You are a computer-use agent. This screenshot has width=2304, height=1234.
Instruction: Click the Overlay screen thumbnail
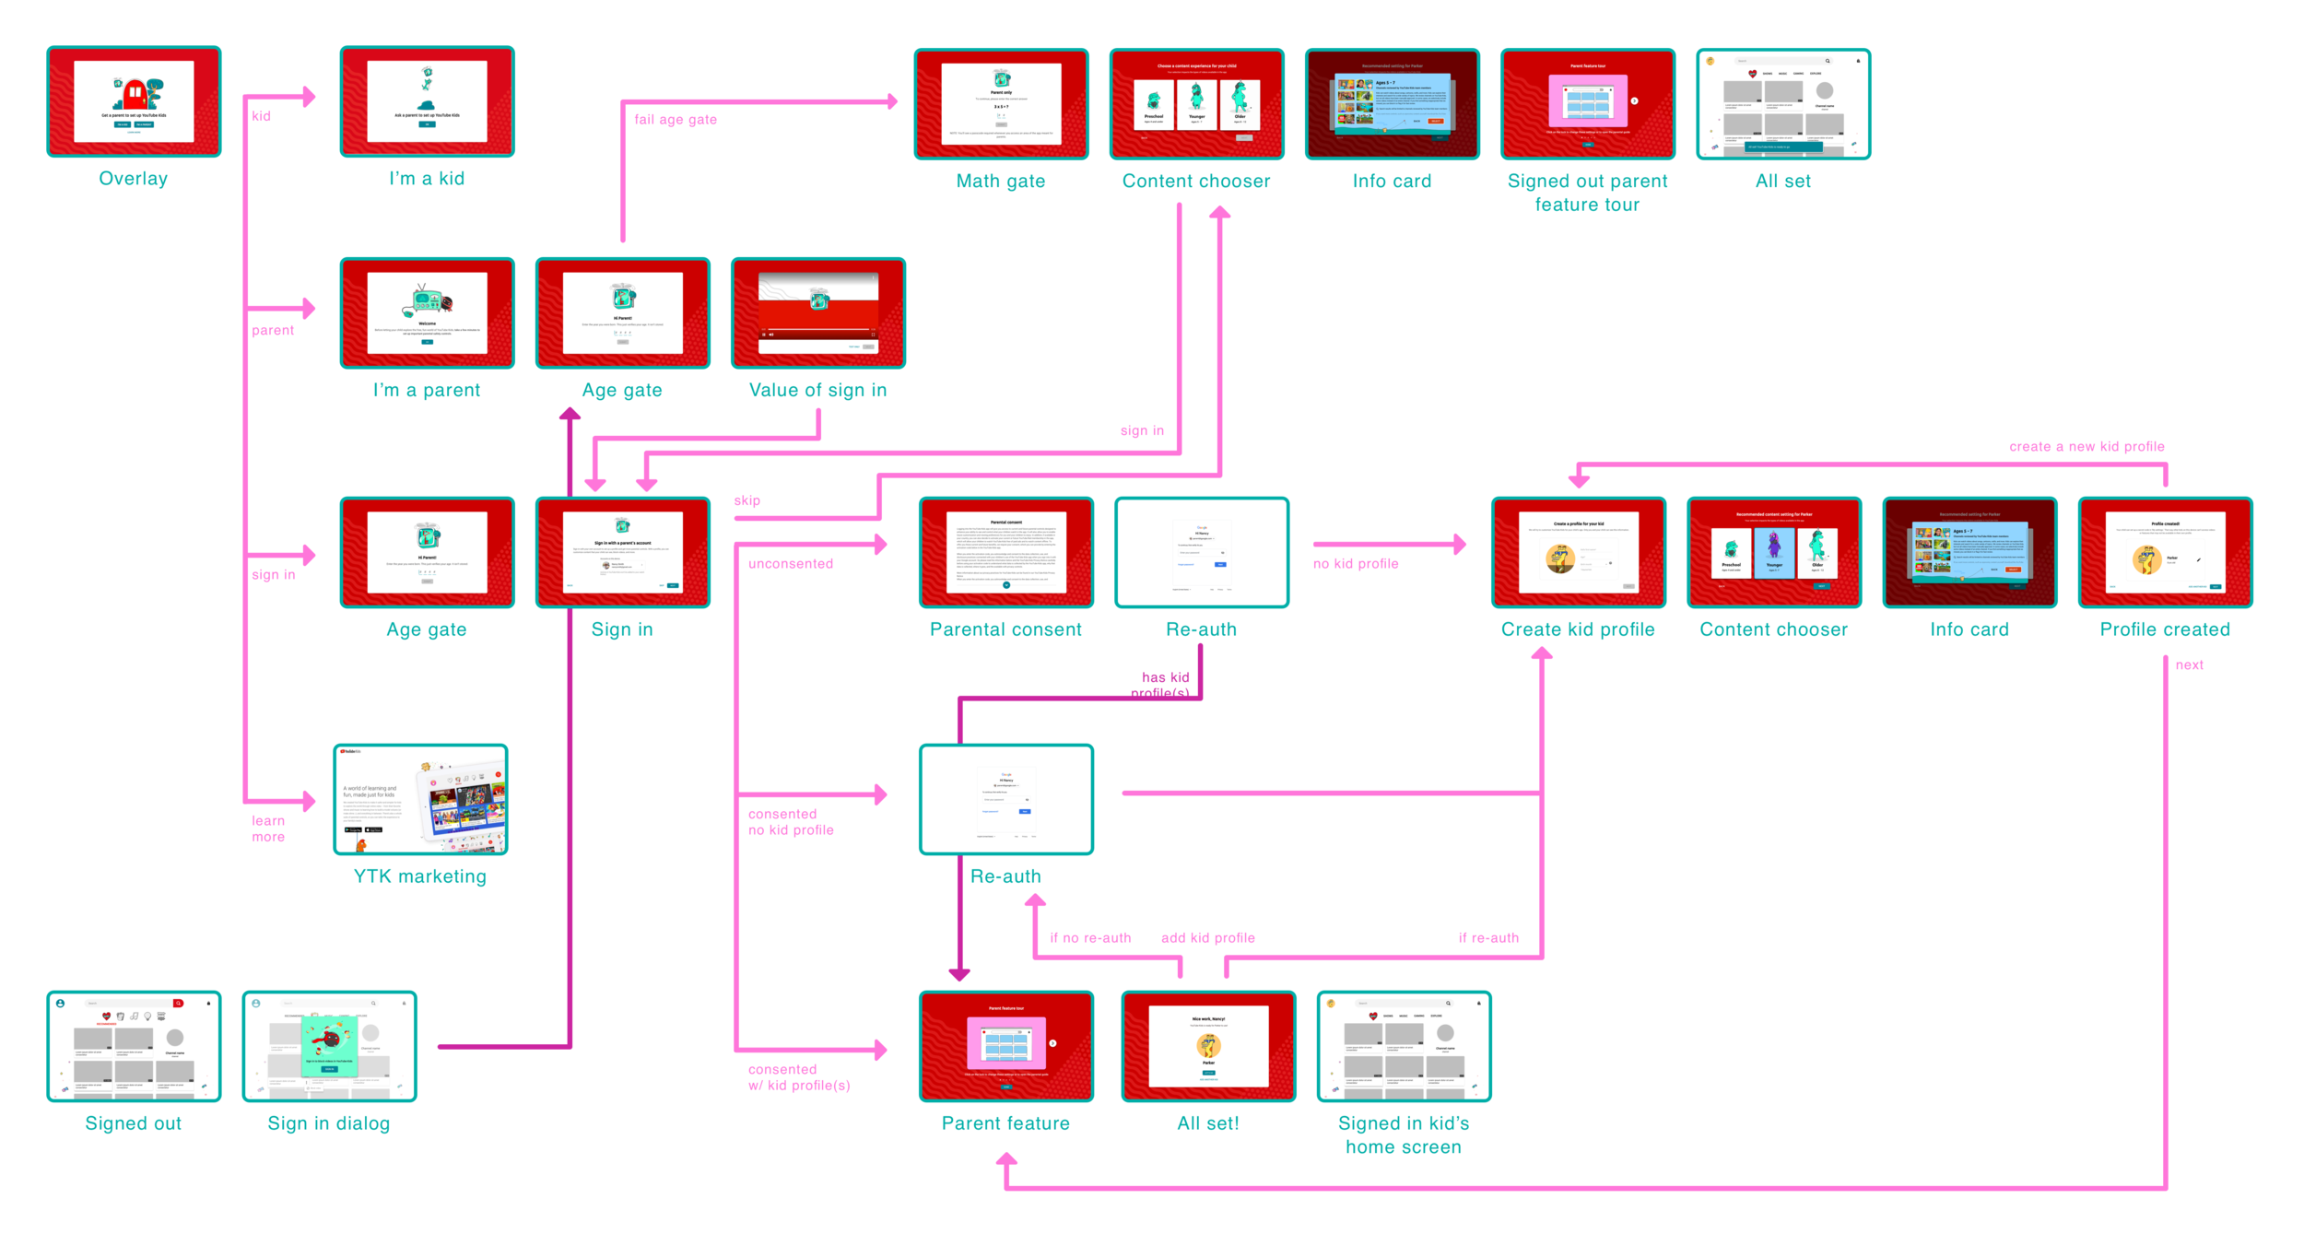[134, 101]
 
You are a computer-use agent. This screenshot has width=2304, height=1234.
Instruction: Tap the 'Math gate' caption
[1001, 182]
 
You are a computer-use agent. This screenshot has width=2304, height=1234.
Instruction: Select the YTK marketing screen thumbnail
[420, 799]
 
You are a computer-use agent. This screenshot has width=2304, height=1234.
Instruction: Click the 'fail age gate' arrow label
[675, 120]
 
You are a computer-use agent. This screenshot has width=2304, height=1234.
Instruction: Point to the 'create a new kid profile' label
[2087, 447]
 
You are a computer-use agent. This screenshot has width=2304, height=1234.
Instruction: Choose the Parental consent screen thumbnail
[1005, 552]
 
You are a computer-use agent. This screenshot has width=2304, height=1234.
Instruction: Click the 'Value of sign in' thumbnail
[817, 313]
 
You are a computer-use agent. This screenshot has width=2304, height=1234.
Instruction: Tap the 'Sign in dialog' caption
[329, 1123]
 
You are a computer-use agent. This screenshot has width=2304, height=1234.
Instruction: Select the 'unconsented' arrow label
[791, 564]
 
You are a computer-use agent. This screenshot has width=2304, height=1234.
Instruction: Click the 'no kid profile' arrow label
[1356, 564]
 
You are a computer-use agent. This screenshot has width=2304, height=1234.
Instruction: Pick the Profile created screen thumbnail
[2165, 552]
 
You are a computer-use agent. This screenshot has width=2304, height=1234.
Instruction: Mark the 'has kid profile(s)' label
[1163, 685]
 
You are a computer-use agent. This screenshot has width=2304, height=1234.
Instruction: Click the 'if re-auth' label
[1488, 938]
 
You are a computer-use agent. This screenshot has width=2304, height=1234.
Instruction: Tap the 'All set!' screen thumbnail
[1208, 1046]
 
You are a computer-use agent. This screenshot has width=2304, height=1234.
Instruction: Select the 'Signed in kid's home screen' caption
[1404, 1135]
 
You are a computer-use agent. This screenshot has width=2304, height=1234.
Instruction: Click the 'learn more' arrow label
[268, 829]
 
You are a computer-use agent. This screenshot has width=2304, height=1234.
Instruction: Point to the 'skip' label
[746, 500]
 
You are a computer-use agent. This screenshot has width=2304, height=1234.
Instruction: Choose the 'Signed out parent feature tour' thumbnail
[1587, 104]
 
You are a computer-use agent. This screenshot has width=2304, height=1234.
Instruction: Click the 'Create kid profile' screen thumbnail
[1578, 552]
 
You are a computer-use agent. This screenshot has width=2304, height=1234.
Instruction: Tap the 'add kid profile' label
[1207, 938]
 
